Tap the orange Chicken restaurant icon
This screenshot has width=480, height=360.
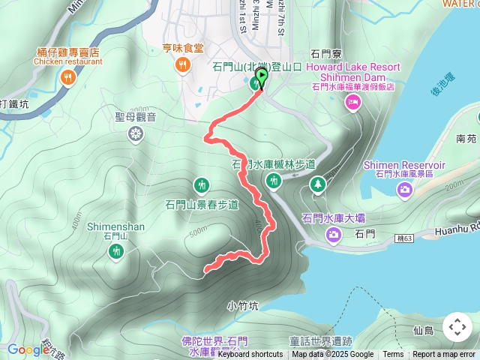tap(68, 77)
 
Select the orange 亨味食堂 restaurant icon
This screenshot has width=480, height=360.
tap(183, 67)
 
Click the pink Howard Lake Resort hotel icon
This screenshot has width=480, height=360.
tap(353, 103)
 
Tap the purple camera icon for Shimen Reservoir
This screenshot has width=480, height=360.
tap(405, 188)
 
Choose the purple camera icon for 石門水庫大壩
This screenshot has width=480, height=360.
tap(333, 236)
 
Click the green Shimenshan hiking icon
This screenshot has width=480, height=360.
tap(115, 253)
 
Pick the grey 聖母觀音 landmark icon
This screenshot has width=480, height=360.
tap(136, 134)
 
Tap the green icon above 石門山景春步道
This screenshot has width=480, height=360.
tap(201, 184)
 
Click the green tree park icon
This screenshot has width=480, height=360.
tap(318, 184)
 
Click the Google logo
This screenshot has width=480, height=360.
tap(28, 349)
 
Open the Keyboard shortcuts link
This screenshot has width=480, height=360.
tap(250, 355)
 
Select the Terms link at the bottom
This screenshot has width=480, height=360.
tap(393, 355)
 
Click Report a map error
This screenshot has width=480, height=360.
tap(445, 355)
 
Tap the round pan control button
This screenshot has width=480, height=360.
tap(457, 327)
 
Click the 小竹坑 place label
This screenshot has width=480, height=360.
tap(241, 306)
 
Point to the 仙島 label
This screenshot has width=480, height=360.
tap(424, 330)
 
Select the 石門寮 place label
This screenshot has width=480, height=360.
tap(326, 55)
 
